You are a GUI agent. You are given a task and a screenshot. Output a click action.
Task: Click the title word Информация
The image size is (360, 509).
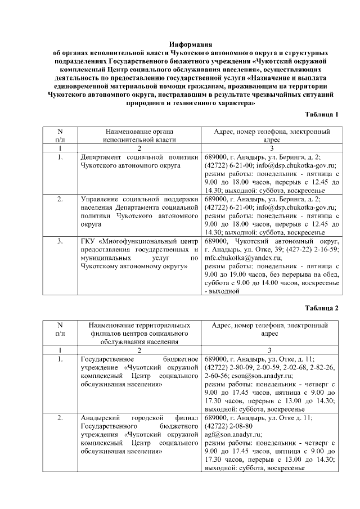click(190, 44)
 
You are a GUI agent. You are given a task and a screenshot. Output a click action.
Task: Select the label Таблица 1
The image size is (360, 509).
click(321, 115)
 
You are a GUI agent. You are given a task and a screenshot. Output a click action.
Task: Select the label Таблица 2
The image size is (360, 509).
click(321, 308)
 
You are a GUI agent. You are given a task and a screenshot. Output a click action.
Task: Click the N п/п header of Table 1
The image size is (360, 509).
click(60, 136)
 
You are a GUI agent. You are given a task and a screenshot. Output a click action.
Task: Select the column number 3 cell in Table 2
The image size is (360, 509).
click(269, 350)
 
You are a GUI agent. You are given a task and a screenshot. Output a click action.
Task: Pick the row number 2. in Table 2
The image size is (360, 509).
click(60, 418)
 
